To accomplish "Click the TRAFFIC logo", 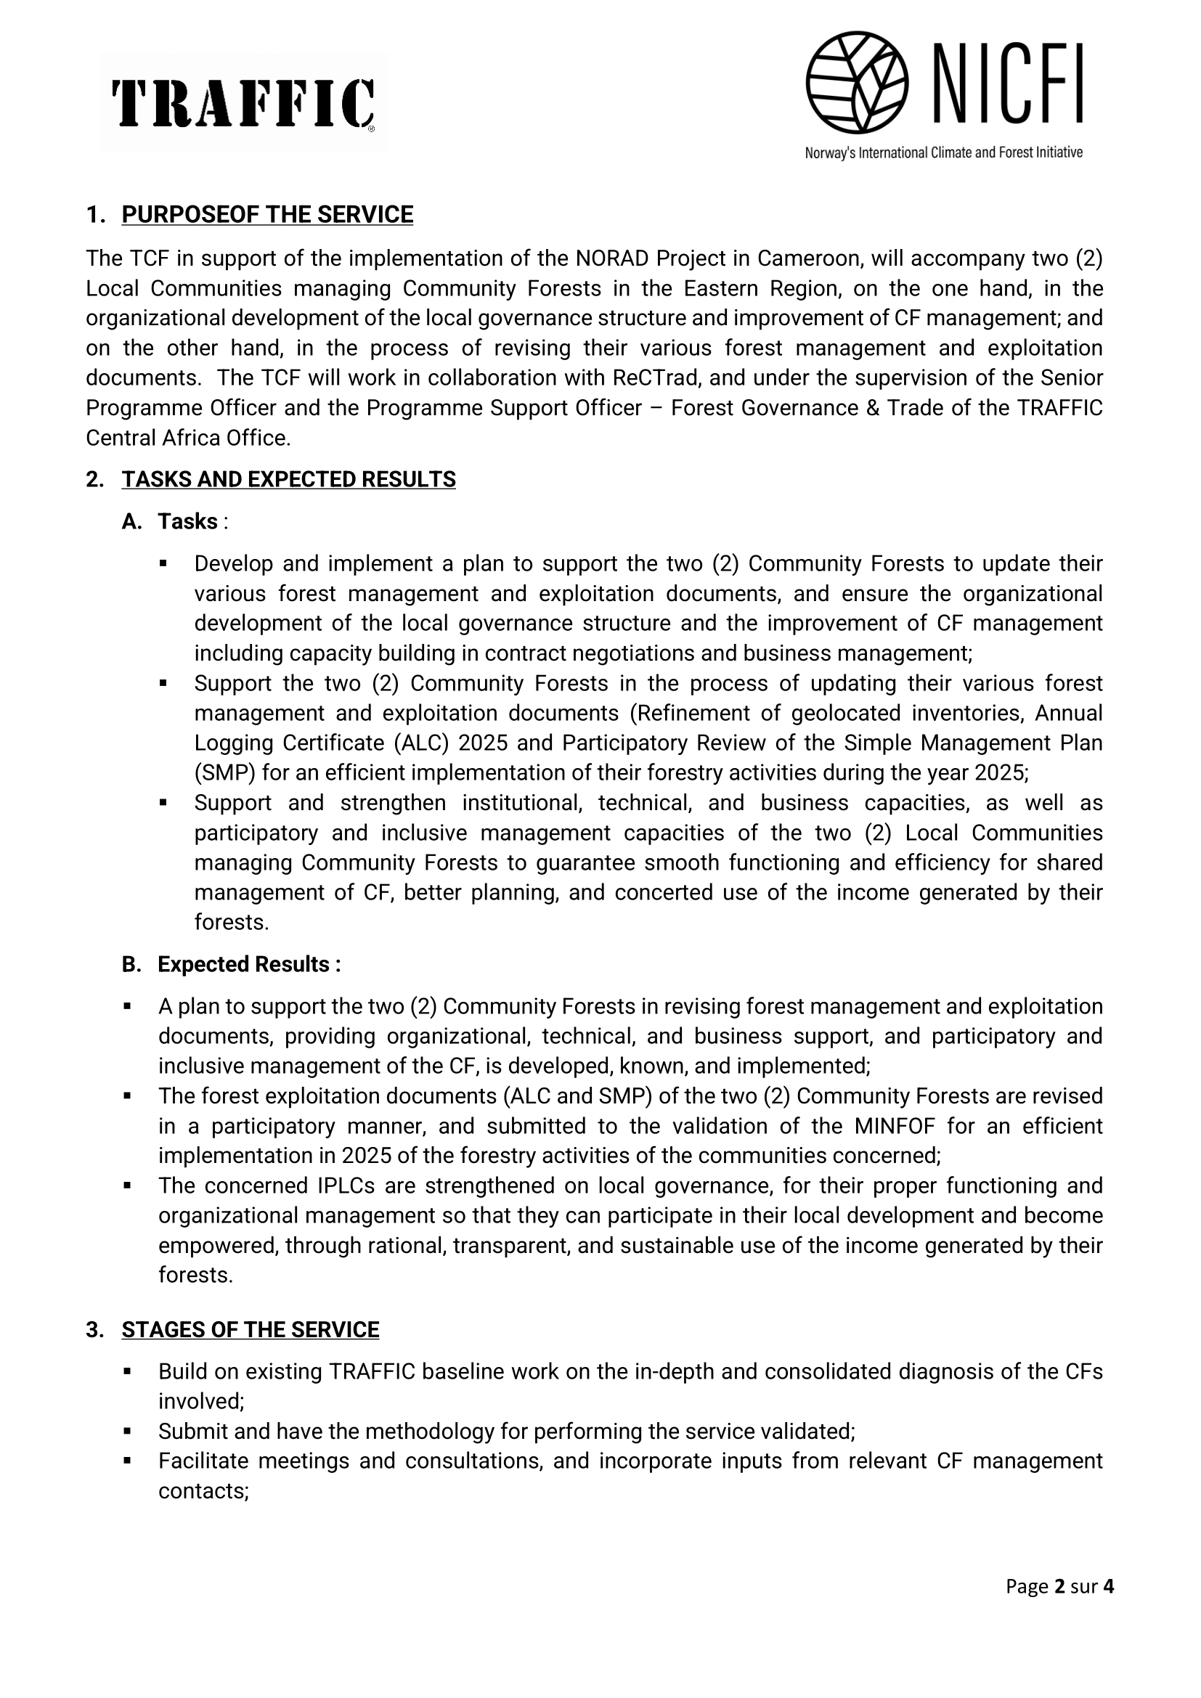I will [243, 104].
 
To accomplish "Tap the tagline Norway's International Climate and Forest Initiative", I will [943, 153].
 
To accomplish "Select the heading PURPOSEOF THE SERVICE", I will [267, 214].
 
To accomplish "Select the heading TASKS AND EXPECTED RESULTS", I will [288, 479].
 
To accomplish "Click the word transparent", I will [510, 1246].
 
